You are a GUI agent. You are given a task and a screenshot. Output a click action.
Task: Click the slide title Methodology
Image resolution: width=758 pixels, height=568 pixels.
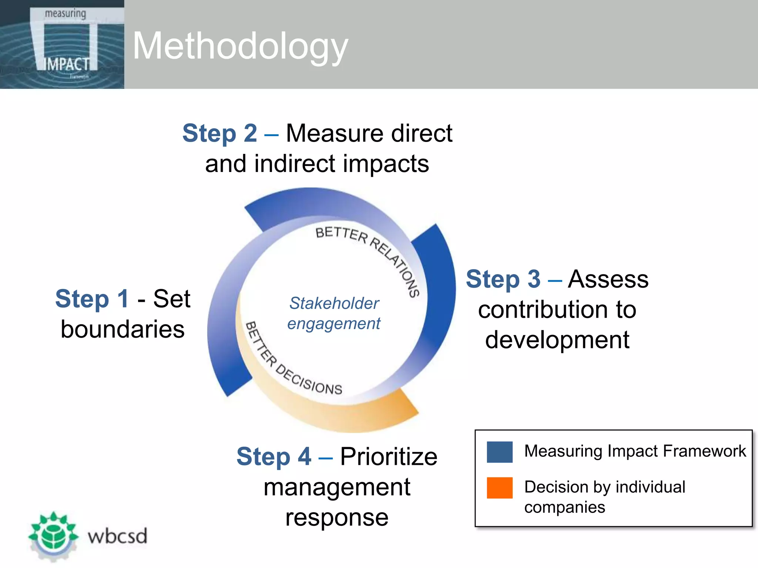click(240, 46)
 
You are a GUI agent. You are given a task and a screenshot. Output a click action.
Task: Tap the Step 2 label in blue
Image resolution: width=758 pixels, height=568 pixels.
click(219, 133)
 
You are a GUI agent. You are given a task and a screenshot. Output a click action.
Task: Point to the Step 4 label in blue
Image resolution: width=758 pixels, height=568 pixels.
click(274, 456)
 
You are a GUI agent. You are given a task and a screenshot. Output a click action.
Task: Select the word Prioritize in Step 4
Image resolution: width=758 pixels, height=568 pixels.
click(389, 456)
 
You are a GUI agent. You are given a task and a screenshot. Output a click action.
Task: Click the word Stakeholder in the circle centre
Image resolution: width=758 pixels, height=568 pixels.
click(334, 303)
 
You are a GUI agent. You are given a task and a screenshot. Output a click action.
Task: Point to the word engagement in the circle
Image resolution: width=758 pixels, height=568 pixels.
click(333, 324)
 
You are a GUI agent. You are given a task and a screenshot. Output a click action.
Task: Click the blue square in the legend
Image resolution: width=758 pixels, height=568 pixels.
click(499, 452)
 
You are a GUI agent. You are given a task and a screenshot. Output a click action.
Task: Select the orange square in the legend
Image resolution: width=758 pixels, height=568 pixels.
click(499, 488)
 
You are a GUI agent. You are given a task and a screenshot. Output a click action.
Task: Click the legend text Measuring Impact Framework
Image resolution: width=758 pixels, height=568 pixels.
click(635, 451)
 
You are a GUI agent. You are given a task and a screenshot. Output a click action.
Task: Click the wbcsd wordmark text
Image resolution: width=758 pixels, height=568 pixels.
click(117, 536)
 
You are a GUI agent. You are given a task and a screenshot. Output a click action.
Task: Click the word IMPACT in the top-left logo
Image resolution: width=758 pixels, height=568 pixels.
click(67, 64)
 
